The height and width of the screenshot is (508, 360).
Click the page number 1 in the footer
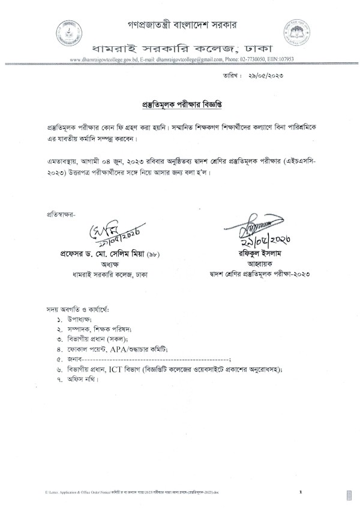tap(300, 492)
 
